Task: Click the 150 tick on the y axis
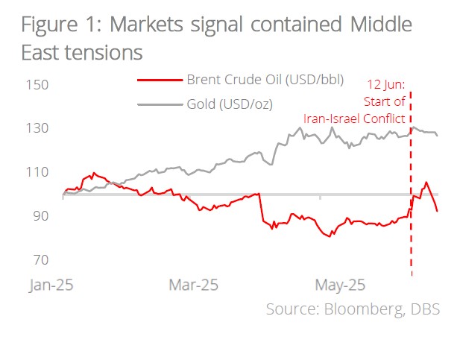point(37,85)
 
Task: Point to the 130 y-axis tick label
point(37,128)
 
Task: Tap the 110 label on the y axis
point(37,172)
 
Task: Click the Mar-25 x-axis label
point(193,285)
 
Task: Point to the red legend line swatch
point(160,79)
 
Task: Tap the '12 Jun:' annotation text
point(387,85)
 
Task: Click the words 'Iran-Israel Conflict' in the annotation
point(354,118)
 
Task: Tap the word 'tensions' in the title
point(101,53)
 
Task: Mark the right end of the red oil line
point(437,211)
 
